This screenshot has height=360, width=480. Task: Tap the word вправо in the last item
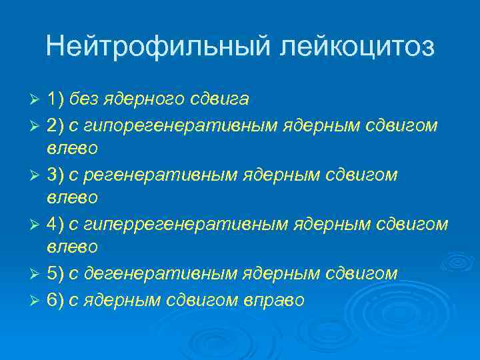[275, 300]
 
